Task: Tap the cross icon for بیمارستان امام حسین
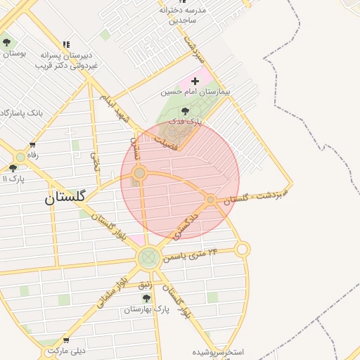click(195, 82)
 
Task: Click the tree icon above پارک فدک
click(185, 111)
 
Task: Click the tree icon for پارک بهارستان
click(146, 298)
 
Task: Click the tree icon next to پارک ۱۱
click(13, 168)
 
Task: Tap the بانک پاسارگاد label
click(21, 112)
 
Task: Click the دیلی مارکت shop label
click(67, 349)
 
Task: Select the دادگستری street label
click(185, 226)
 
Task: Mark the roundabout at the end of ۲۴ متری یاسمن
click(242, 249)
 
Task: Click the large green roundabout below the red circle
click(148, 258)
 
